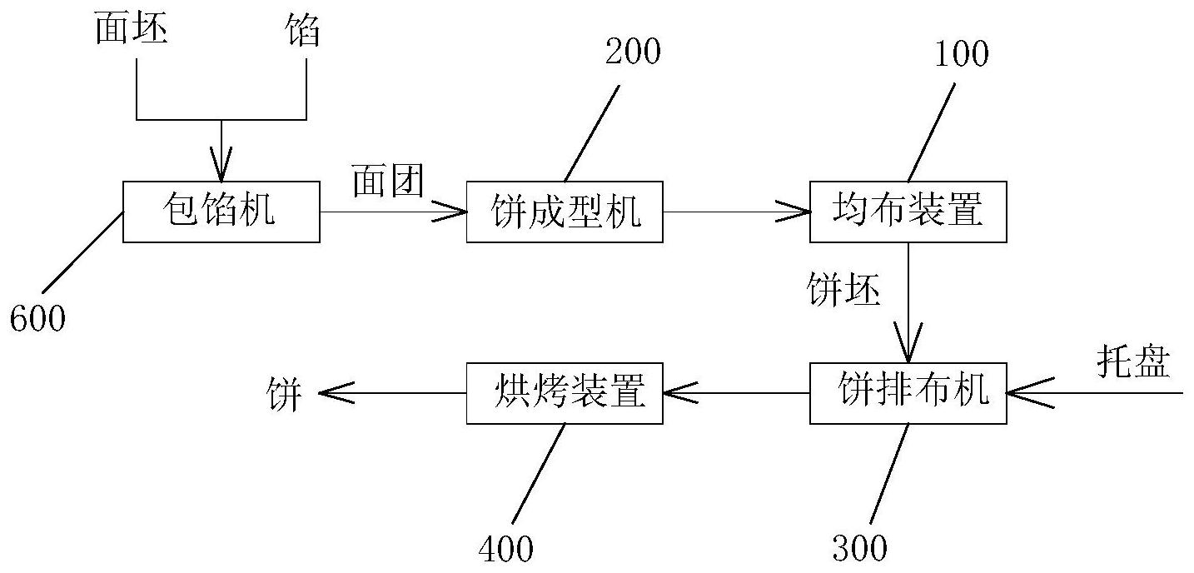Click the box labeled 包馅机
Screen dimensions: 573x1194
pyautogui.click(x=221, y=212)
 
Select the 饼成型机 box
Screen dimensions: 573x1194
pyautogui.click(x=565, y=212)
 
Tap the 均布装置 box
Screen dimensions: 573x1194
pyautogui.click(x=908, y=212)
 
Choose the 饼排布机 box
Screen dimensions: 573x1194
pyautogui.click(x=908, y=392)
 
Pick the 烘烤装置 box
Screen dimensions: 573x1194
pyautogui.click(x=565, y=392)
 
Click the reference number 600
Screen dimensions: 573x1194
pyautogui.click(x=37, y=318)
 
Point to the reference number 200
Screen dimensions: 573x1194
pyautogui.click(x=633, y=52)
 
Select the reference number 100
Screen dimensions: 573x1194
pyautogui.click(x=961, y=54)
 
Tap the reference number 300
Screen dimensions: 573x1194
pyautogui.click(x=860, y=547)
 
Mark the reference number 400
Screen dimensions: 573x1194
pyautogui.click(x=506, y=547)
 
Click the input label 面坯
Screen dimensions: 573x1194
pyautogui.click(x=132, y=31)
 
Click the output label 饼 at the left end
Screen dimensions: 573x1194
pyautogui.click(x=284, y=392)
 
